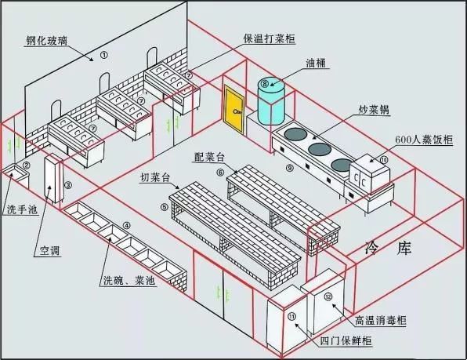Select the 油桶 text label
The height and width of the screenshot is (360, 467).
click(x=316, y=61)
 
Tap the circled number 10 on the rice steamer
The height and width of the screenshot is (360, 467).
click(x=384, y=160)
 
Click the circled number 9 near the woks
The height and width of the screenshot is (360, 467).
click(x=290, y=168)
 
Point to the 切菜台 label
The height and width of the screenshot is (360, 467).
click(x=157, y=177)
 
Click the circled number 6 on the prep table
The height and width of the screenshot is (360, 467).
click(x=221, y=173)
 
